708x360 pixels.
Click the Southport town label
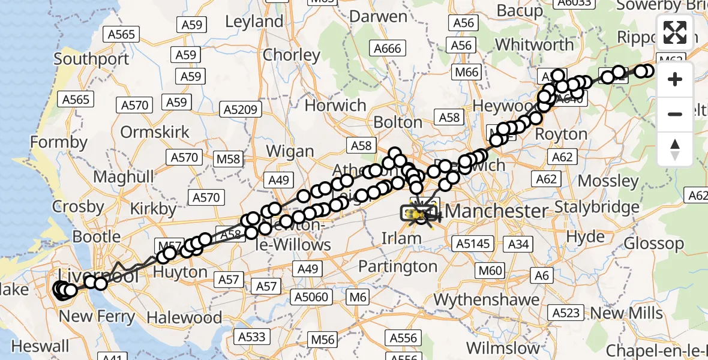pos(91,59)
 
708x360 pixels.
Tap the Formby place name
pos(59,143)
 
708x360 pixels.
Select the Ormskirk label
pos(155,132)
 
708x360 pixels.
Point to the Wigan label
pos(290,151)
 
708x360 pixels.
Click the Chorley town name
pos(292,55)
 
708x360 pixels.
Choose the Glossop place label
pos(653,244)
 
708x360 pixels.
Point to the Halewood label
pos(184,317)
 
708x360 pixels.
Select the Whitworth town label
pos(535,45)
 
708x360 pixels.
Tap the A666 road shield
pos(387,49)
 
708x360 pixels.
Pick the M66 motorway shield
pos(466,73)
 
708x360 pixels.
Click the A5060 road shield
pos(311,296)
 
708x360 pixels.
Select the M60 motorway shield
pos(490,271)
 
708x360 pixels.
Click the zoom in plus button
pos(675,79)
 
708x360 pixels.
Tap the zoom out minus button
pos(675,114)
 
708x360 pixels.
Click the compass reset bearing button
pos(675,149)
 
